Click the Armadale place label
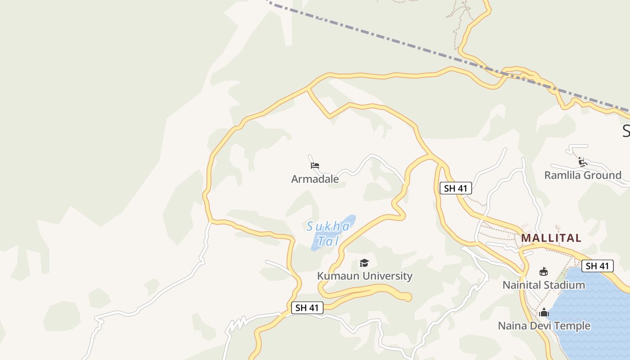click(315, 179)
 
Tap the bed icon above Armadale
click(315, 166)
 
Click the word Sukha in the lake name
click(328, 226)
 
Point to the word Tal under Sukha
click(327, 241)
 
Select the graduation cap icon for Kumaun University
click(364, 263)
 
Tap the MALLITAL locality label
click(551, 238)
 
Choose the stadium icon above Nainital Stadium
click(544, 271)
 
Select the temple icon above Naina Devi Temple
click(544, 312)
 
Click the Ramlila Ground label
click(583, 175)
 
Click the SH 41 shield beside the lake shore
click(597, 266)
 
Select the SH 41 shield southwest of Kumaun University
click(307, 308)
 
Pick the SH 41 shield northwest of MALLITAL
click(455, 188)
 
